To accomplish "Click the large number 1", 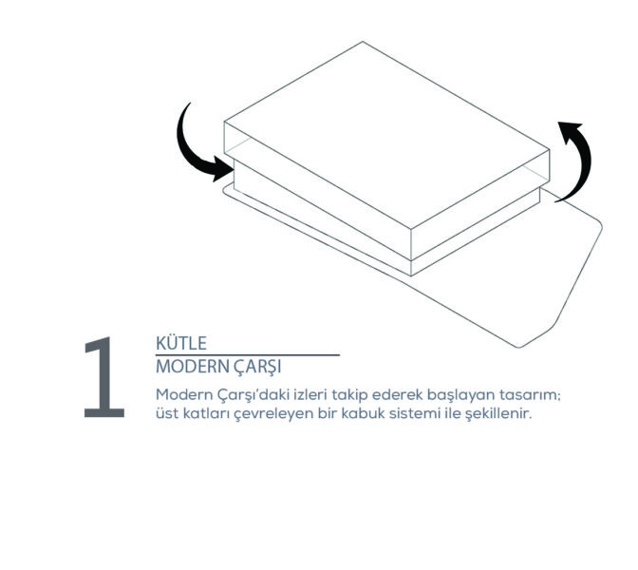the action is pyautogui.click(x=104, y=377).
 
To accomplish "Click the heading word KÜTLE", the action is pyautogui.click(x=181, y=343).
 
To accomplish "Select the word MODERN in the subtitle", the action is pyautogui.click(x=193, y=367).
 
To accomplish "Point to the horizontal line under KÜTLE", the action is pyautogui.click(x=248, y=355).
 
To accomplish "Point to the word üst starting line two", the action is pyautogui.click(x=167, y=413).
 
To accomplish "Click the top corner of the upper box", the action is pyautogui.click(x=363, y=42).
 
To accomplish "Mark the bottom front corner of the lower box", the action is pyautogui.click(x=411, y=276).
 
